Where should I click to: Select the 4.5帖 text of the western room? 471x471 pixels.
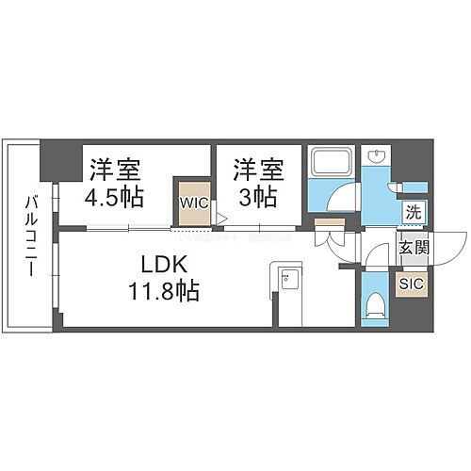[x=115, y=200]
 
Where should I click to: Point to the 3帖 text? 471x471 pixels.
[x=256, y=200]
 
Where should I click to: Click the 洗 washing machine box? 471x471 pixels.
[x=413, y=212]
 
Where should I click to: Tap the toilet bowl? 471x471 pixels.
[x=376, y=301]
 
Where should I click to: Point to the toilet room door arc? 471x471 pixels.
[x=375, y=257]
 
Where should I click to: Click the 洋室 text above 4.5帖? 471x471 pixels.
[x=115, y=171]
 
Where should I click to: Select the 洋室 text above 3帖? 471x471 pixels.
[x=256, y=171]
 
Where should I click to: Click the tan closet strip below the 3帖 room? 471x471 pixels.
[x=330, y=222]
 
